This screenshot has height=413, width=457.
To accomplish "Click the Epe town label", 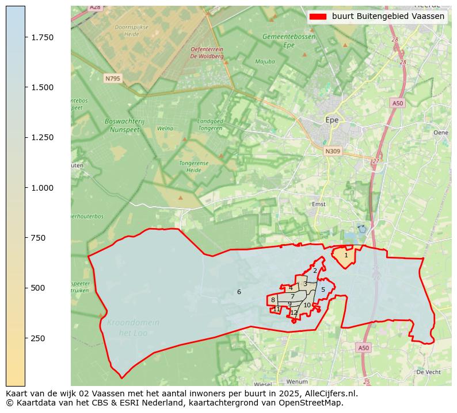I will (332, 120).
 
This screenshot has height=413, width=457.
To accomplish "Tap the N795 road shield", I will (112, 78).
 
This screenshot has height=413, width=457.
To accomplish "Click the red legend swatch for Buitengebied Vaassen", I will (318, 17).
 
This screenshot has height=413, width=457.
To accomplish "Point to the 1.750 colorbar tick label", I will (42, 37).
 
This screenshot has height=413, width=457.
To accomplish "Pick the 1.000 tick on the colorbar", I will (42, 188).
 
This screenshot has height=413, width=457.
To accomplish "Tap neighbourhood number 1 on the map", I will (346, 255).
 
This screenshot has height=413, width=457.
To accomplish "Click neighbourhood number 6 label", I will (239, 292).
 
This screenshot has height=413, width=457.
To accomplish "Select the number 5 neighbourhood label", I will (323, 290).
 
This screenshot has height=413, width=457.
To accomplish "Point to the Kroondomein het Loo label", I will (133, 328).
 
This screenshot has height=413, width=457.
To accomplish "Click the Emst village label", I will (318, 204).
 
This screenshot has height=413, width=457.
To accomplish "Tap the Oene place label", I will (440, 133).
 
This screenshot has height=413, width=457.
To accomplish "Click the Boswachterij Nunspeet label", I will (124, 125).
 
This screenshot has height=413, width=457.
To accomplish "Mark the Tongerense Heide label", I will (197, 166).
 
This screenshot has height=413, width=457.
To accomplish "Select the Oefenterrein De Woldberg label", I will (207, 53).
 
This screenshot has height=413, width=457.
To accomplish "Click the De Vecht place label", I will (428, 372).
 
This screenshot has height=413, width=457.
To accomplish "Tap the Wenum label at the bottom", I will (297, 381).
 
